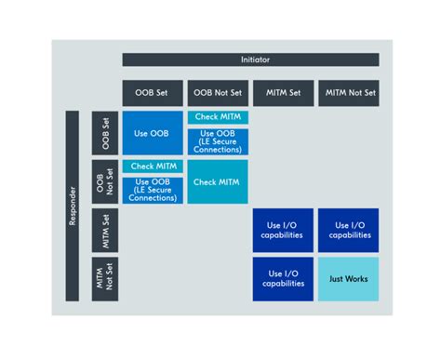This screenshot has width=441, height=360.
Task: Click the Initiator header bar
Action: coord(250,60)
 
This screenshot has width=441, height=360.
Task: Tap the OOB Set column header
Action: coord(153,93)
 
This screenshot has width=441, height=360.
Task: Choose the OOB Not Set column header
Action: coord(218,93)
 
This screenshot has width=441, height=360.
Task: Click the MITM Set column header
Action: coord(283,93)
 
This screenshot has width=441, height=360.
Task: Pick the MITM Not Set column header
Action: coord(348,93)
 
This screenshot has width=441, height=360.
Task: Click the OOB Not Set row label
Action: coord(105,181)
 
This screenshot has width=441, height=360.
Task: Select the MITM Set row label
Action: coord(105,230)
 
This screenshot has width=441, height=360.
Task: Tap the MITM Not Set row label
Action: coord(105,278)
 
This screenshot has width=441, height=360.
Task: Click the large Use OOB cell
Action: coord(153,133)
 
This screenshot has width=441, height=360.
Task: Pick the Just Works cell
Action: coord(348,278)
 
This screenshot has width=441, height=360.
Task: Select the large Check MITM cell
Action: coord(218,181)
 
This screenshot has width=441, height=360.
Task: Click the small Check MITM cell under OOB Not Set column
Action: coord(218,117)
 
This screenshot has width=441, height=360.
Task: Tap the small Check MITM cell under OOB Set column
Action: coord(153,166)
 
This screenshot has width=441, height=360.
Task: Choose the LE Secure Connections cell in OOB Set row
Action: coord(218,140)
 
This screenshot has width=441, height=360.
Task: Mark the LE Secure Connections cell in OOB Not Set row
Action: coord(153,189)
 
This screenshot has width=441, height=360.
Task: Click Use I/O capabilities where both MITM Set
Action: coord(283,230)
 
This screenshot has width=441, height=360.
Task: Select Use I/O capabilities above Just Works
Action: coord(348,230)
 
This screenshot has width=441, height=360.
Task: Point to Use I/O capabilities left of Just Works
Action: coord(283,278)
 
